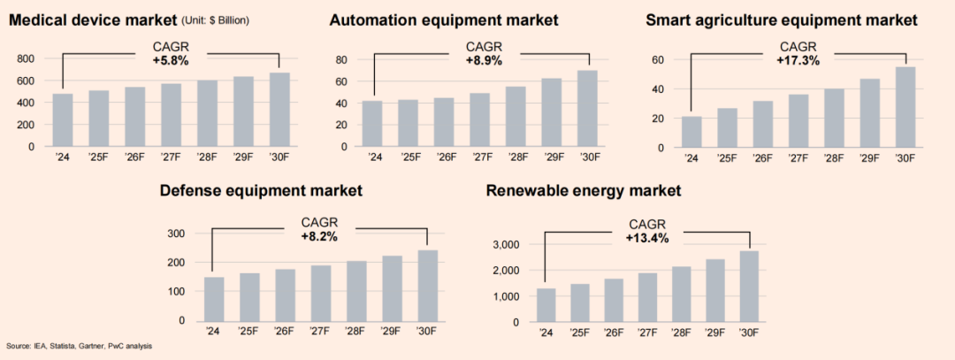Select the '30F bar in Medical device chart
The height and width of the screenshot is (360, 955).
[x=279, y=110]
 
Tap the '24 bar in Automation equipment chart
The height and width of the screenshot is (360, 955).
[x=373, y=124]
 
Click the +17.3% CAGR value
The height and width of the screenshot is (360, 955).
[x=798, y=61]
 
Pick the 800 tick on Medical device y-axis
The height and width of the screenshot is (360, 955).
[x=26, y=58]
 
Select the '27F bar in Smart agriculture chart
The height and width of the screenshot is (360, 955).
[x=798, y=120]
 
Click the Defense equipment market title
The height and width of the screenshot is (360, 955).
[x=262, y=191]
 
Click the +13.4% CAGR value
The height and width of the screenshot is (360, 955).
[x=647, y=239]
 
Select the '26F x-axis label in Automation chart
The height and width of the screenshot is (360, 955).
[x=445, y=158]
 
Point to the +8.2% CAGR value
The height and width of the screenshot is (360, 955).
[x=319, y=237]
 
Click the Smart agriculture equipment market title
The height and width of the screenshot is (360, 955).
[x=782, y=20]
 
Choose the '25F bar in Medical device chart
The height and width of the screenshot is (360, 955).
[x=99, y=119]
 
